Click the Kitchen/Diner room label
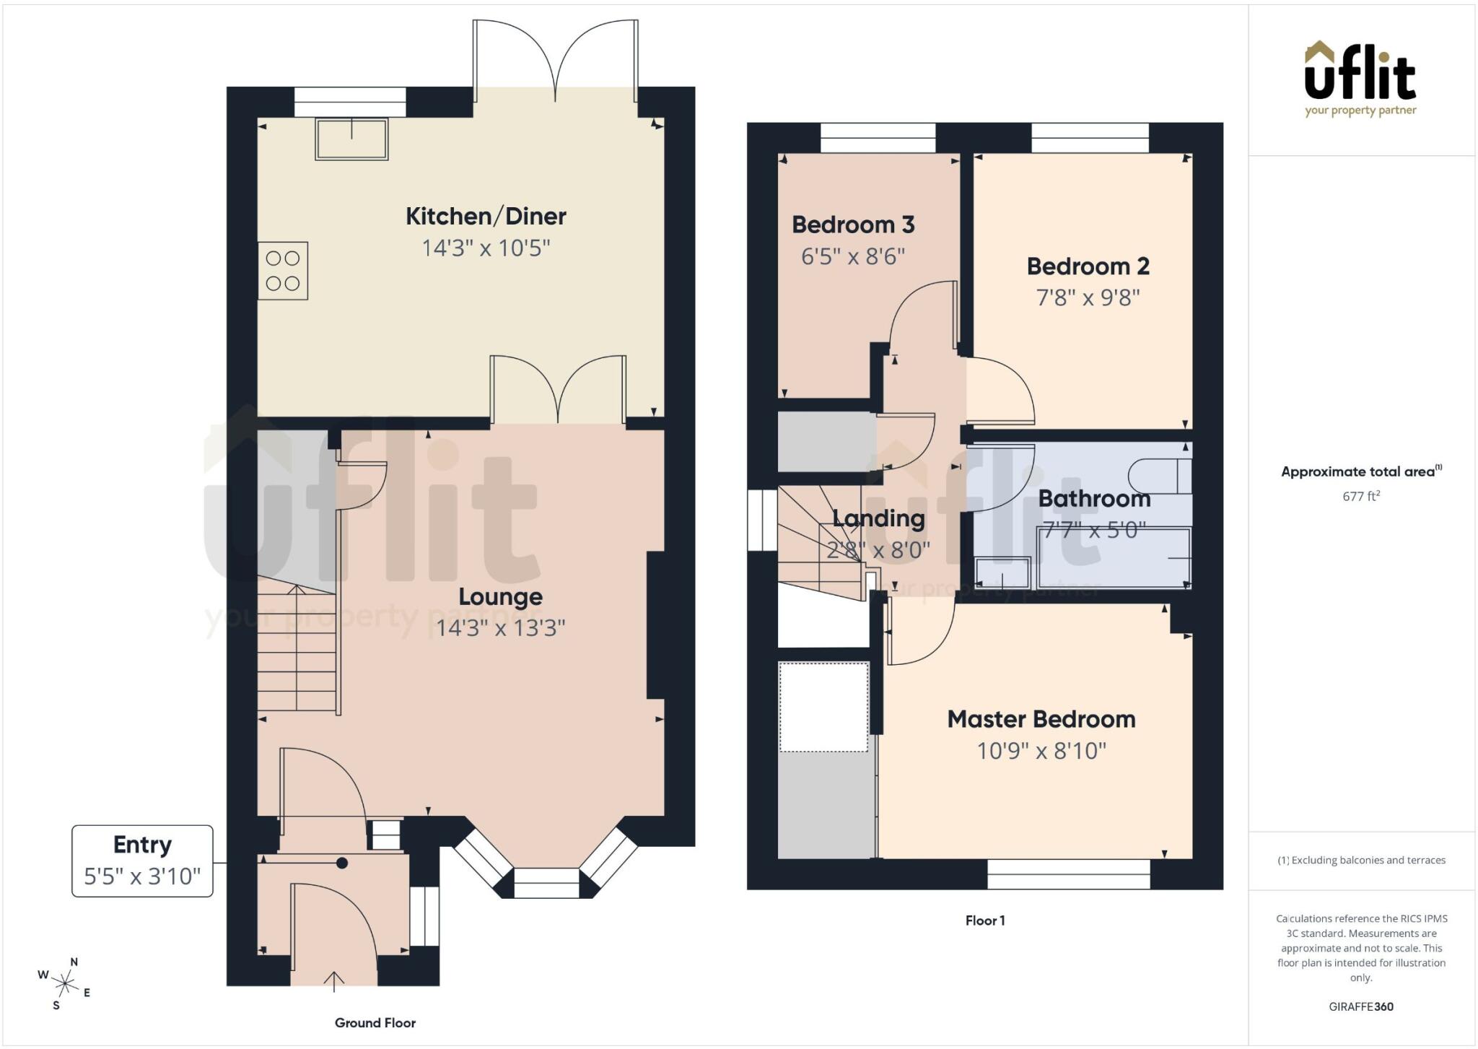pos(486,216)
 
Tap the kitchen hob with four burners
pos(283,271)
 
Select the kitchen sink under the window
pos(351,139)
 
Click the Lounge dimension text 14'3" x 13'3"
pos(501,628)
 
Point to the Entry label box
pos(142,861)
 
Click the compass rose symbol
pos(65,983)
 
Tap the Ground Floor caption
pos(375,1023)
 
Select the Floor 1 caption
pos(985,920)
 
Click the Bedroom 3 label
pos(853,225)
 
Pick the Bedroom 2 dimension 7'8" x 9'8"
pos(1088,297)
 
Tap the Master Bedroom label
pos(1041,719)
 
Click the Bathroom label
pos(1094,499)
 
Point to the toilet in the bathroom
pos(1160,476)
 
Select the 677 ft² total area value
pos(1361,496)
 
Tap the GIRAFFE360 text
pos(1361,1006)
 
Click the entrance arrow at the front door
pos(333,978)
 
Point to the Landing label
pos(878,518)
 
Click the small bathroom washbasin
pos(1002,573)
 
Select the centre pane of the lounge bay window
pos(546,883)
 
